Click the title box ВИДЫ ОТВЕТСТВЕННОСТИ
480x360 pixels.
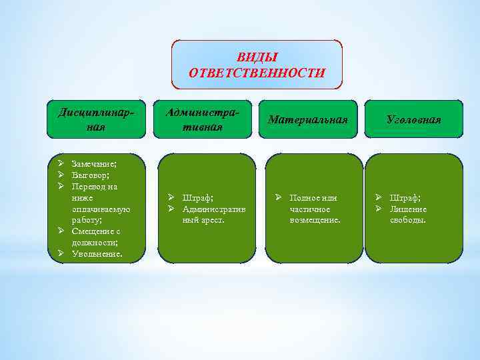(257, 65)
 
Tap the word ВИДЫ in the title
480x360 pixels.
(257, 57)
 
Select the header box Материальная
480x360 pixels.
(308, 119)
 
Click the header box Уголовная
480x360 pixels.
(413, 119)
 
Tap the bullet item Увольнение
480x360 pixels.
(97, 254)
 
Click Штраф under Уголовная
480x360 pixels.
(405, 197)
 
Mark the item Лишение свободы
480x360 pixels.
(408, 214)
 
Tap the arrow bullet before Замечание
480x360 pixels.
(60, 164)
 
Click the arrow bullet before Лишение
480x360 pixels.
(378, 209)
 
